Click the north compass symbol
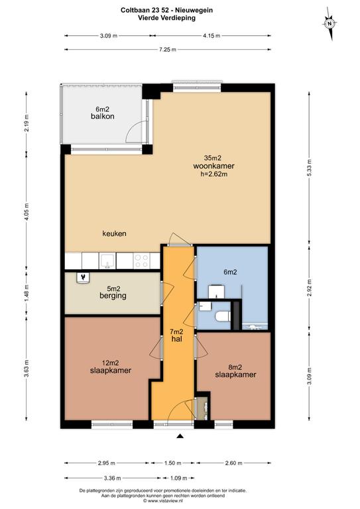point(330,24)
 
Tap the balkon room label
point(103,116)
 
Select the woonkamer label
point(213,166)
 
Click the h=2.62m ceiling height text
point(213,174)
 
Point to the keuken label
point(114,233)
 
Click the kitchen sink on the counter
point(107,261)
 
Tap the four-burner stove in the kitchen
point(141,261)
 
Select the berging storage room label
point(113,296)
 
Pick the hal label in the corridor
point(177,339)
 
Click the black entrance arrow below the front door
point(180,437)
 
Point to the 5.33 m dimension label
point(309,168)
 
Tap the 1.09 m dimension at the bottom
point(179,478)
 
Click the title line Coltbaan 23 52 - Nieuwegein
point(167,10)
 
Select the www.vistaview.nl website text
point(162,501)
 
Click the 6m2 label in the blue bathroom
point(230,272)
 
